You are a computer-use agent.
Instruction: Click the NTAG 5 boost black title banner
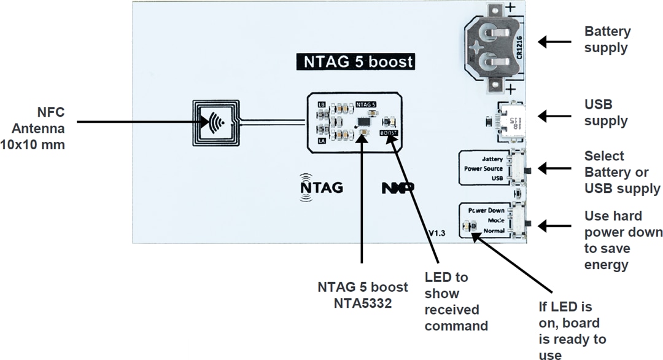coord(355,62)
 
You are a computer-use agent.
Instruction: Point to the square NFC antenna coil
coord(215,122)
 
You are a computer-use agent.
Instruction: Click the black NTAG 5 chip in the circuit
coord(363,123)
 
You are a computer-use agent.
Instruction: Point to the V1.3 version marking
coord(436,233)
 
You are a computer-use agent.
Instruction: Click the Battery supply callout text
coord(607,39)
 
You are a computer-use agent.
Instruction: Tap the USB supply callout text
coord(605,112)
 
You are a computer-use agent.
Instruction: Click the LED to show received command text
coord(456,302)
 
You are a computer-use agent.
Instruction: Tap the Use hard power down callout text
coord(622,240)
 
